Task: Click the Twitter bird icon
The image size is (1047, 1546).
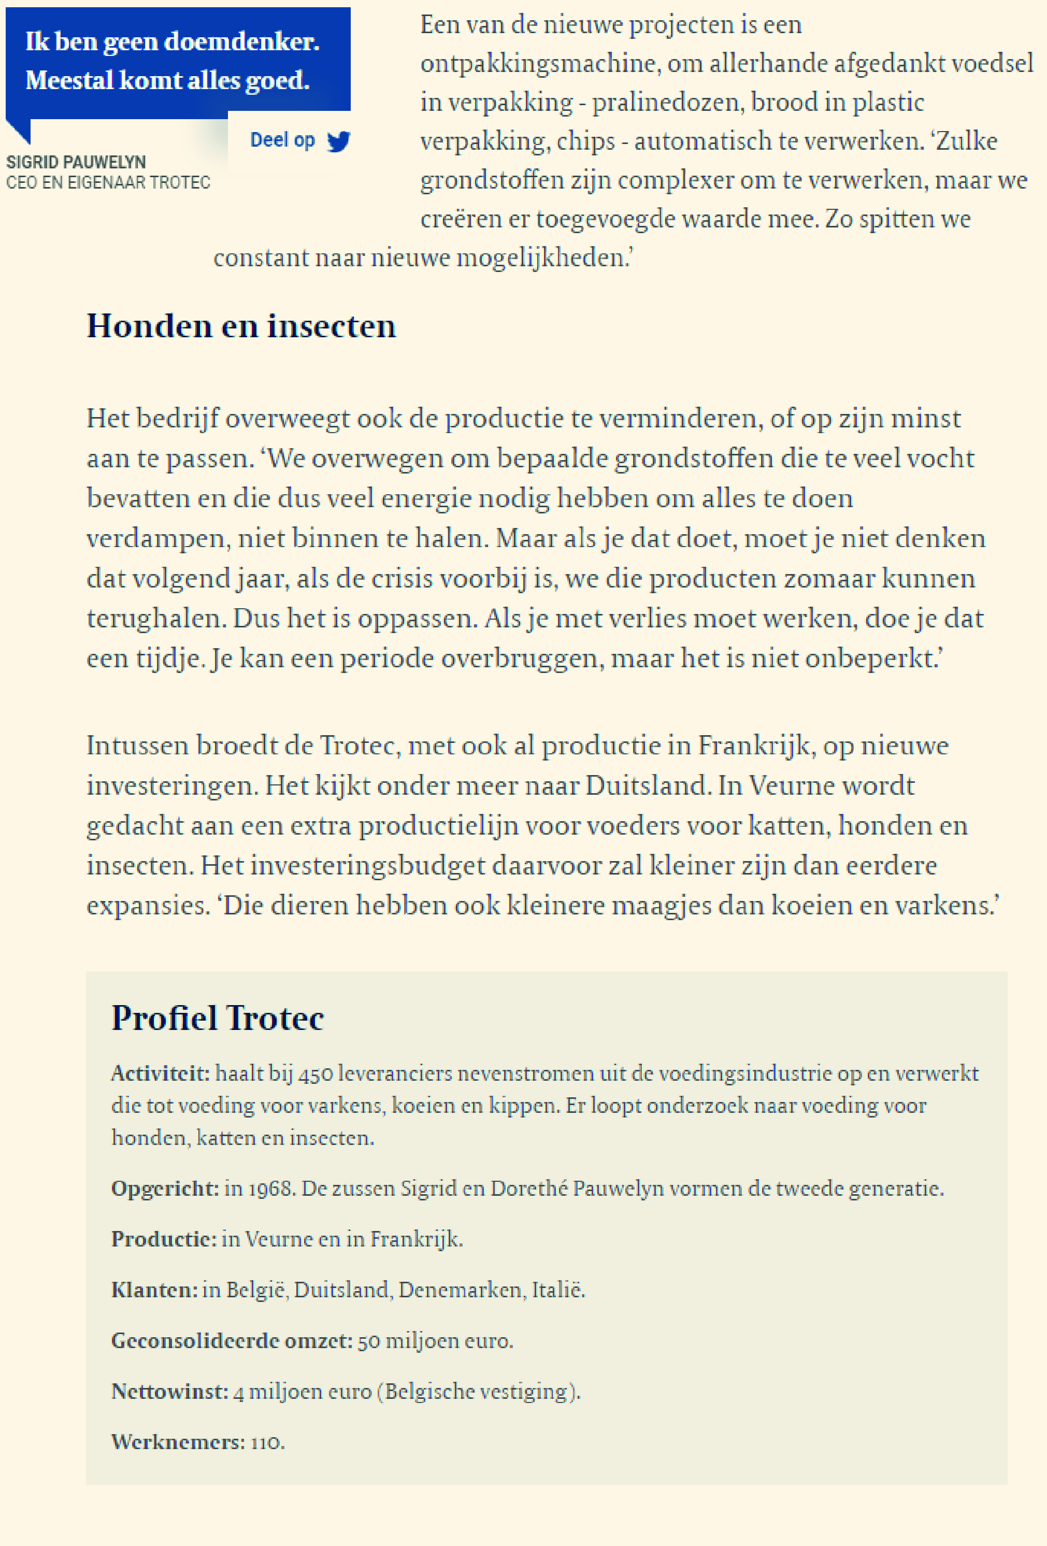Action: coord(339,141)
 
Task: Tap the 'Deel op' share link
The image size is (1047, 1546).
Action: coord(282,140)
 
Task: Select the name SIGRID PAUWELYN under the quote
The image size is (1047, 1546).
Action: coord(76,162)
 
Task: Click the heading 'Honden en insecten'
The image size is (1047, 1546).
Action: coord(241,326)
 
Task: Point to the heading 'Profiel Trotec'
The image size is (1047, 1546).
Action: coord(218,1018)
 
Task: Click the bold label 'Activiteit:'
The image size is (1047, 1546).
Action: coord(160,1073)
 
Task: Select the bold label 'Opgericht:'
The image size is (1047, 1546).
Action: coord(165,1188)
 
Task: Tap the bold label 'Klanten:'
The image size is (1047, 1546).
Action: coord(154,1290)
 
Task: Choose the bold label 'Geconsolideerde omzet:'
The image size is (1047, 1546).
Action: coord(232,1340)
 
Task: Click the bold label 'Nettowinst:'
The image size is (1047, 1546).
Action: coord(169,1391)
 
